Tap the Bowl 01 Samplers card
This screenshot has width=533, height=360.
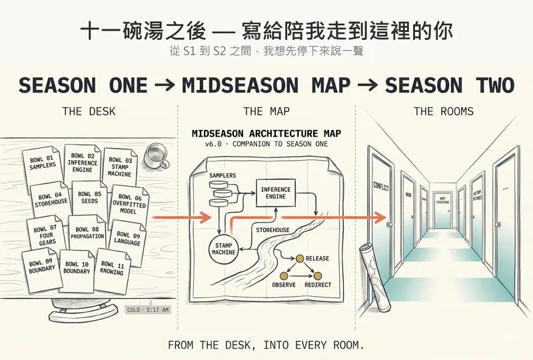point(43,162)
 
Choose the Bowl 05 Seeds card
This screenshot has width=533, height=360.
point(89,197)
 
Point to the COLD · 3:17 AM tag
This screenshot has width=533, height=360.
point(148,310)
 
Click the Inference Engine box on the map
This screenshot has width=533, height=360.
point(275,193)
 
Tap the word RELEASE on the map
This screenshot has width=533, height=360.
point(316,258)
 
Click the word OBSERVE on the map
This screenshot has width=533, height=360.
point(288,285)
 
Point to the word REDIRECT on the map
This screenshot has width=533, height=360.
point(317,285)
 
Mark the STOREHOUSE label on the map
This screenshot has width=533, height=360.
point(273,230)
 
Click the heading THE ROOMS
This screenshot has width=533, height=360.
point(443,111)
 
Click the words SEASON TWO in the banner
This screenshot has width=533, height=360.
point(449,85)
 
